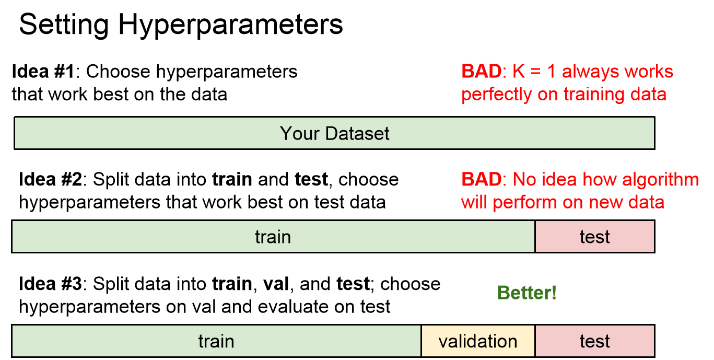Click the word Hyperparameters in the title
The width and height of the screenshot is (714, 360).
(230, 26)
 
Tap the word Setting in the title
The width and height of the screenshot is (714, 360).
(64, 26)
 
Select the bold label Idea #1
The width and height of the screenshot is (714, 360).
(43, 71)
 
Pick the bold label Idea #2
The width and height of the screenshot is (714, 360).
(50, 179)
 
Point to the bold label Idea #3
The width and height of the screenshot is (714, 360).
(50, 284)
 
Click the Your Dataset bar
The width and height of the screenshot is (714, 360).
(334, 133)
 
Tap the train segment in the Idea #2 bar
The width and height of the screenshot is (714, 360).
(273, 237)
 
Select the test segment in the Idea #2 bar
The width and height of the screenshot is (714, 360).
(595, 237)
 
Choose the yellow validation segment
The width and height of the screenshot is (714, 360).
(478, 341)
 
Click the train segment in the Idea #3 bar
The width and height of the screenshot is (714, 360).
(216, 341)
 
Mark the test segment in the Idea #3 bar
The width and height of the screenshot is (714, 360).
(595, 341)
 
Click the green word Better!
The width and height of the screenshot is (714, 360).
(527, 293)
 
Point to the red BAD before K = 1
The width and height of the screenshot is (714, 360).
(482, 71)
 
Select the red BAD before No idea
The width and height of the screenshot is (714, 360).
(482, 179)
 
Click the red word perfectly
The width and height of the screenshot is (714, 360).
(496, 95)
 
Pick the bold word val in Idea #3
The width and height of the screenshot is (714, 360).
(276, 284)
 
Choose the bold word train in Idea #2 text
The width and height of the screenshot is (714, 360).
(232, 179)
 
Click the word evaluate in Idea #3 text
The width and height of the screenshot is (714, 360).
(293, 306)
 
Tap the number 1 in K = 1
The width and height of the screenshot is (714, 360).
(552, 71)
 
